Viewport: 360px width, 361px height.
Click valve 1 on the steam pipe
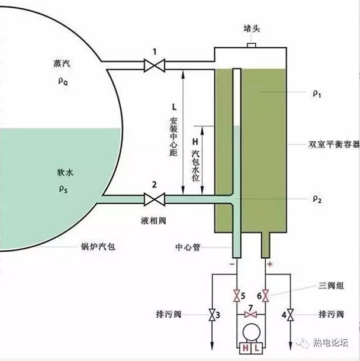coord(155,63)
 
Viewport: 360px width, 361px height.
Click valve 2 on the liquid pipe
coord(155,199)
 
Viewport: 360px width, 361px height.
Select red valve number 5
coord(236,294)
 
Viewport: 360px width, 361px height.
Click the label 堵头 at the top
coord(251,28)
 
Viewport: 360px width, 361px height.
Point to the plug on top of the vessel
coord(251,45)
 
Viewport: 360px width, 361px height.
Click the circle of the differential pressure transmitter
coord(251,333)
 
